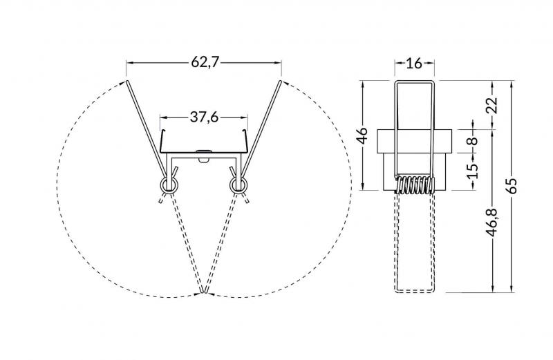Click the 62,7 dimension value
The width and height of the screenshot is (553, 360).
[x=204, y=63]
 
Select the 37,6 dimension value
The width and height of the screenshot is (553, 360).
[x=204, y=117]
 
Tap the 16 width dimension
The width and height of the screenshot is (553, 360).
[x=414, y=64]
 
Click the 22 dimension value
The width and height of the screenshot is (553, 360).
[x=491, y=105]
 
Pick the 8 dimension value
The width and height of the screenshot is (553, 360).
[x=472, y=141]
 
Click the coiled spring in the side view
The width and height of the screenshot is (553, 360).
[x=414, y=184]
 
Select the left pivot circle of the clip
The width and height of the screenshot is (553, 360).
[x=168, y=185]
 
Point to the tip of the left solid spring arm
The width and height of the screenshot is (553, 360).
[x=126, y=82]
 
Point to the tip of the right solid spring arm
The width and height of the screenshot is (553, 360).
[x=281, y=82]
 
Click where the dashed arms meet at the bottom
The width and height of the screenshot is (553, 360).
[x=204, y=294]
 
